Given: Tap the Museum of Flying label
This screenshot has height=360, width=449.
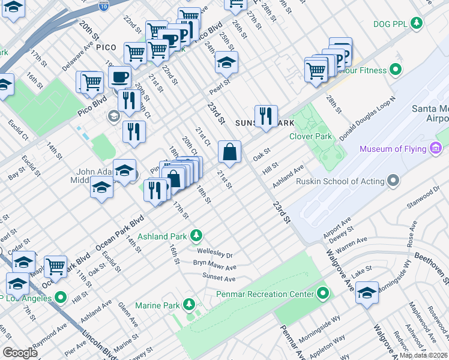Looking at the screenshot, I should tap(394, 149).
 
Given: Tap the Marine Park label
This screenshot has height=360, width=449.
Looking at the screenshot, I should tap(157, 305).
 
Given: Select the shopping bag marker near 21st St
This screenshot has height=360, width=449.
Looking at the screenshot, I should tap(229, 153).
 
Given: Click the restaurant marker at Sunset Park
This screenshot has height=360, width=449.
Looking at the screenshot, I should tap(265, 116).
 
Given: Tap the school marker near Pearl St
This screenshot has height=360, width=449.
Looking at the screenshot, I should tap(226, 63).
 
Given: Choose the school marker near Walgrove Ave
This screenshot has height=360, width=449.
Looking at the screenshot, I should tap(367, 293).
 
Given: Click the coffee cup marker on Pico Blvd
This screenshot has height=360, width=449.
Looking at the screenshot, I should tap(120, 77).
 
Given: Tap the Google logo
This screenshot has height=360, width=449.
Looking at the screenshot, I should tap(20, 352).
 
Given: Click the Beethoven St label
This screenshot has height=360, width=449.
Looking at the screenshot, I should tap(433, 266).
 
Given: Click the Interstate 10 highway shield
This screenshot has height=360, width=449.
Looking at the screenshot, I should tap(103, 5).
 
